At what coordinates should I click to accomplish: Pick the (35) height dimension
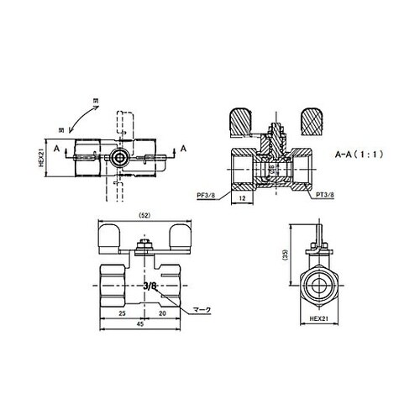[x=287, y=256]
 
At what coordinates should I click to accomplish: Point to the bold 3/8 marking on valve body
[x=150, y=286]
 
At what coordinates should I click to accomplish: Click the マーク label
[x=203, y=309]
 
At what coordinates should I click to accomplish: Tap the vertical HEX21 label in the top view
[x=42, y=158]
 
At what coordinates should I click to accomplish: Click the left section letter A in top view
[x=56, y=149]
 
